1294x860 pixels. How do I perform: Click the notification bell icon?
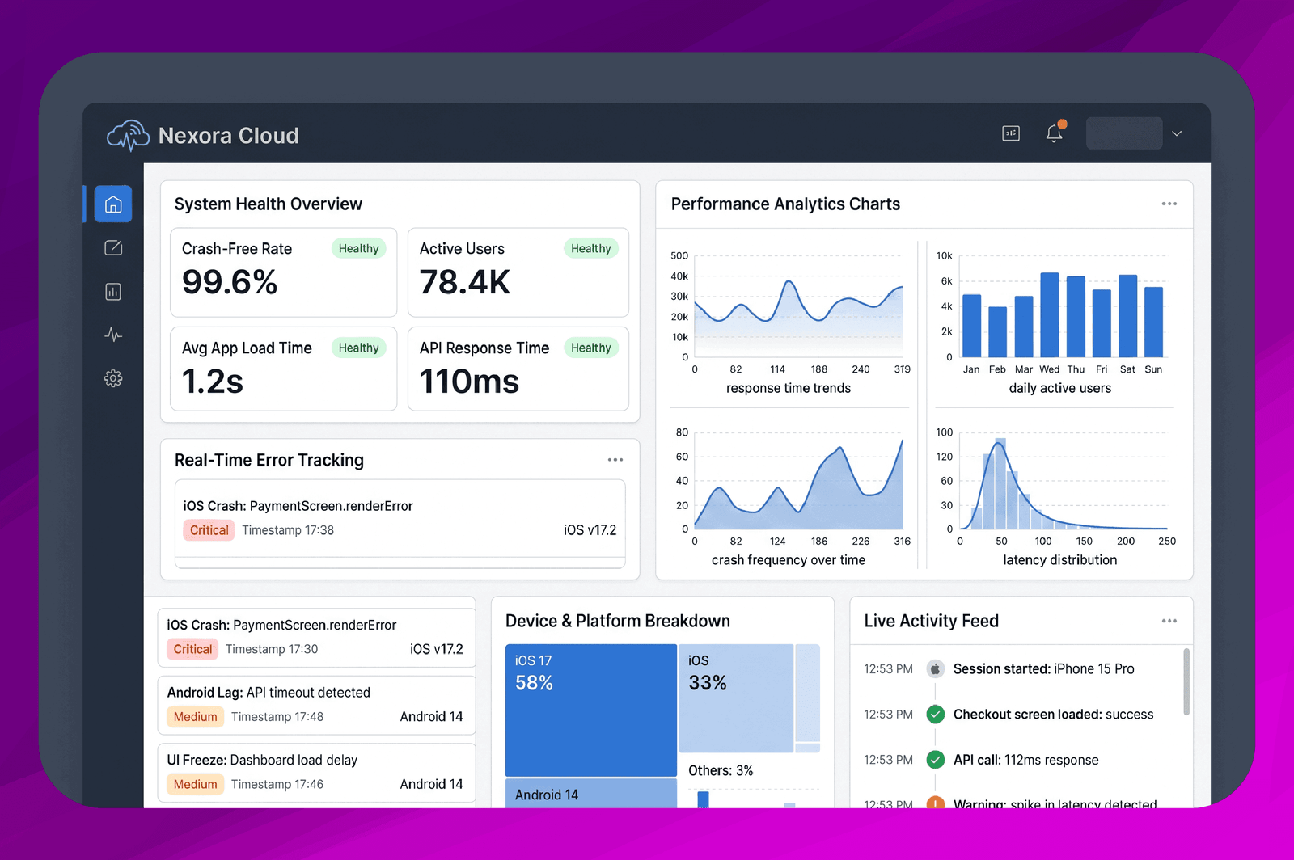coord(1055,133)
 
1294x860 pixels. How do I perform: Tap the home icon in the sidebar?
coord(113,204)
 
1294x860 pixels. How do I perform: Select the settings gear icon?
coord(113,378)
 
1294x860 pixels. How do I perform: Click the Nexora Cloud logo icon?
coord(128,136)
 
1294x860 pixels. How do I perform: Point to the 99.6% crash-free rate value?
coord(230,282)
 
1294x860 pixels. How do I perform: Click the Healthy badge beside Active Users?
coord(590,248)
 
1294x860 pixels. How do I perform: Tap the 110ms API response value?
coord(469,382)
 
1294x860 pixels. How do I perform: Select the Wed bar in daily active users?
coord(1050,314)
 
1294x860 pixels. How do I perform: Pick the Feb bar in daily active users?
coord(998,332)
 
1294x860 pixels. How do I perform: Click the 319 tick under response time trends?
coord(902,369)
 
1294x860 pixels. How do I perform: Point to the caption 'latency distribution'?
coord(1059,560)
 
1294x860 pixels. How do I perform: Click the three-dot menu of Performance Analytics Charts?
coord(1169,204)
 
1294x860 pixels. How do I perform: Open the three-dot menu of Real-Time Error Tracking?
coord(615,460)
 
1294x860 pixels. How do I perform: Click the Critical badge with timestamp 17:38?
coord(209,530)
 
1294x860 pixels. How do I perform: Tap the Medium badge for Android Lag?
coord(195,717)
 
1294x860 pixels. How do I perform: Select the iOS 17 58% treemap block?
coord(591,710)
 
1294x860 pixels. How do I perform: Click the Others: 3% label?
coord(721,770)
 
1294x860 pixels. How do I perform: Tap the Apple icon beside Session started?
coord(935,669)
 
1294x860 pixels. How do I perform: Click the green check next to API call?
coord(935,760)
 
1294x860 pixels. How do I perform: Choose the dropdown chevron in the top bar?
coord(1177,134)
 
